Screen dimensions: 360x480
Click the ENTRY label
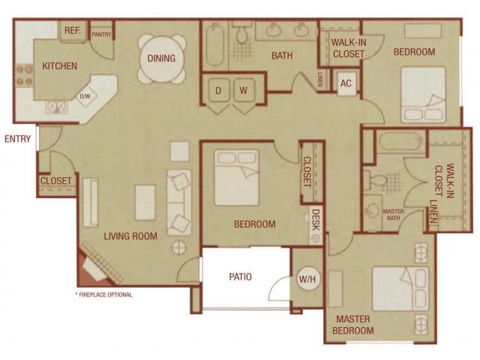pyautogui.click(x=17, y=139)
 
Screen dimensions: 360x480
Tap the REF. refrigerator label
pyautogui.click(x=73, y=31)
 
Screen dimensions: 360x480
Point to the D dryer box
pyautogui.click(x=218, y=90)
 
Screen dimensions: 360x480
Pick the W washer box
pyautogui.click(x=244, y=90)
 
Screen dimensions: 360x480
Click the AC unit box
pyautogui.click(x=346, y=82)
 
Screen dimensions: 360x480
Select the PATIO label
pyautogui.click(x=240, y=277)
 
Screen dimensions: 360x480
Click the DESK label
pyautogui.click(x=316, y=220)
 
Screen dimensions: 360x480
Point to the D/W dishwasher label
pyautogui.click(x=85, y=96)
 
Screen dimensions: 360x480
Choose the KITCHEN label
pyautogui.click(x=59, y=66)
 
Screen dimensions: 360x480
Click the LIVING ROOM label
pyautogui.click(x=131, y=236)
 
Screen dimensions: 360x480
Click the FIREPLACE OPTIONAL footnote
pyautogui.click(x=104, y=295)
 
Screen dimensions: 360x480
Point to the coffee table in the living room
pyautogui.click(x=145, y=202)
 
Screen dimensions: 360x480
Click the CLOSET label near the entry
pyautogui.click(x=56, y=181)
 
